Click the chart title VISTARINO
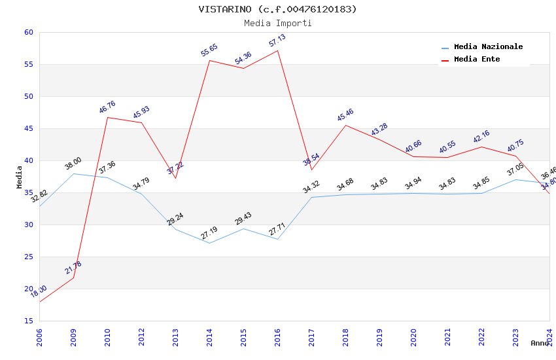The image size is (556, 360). click(278, 9)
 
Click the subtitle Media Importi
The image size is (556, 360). click(278, 23)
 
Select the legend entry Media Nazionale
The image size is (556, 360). click(488, 46)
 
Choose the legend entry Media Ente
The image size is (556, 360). click(477, 59)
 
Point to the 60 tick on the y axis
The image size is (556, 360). click(27, 32)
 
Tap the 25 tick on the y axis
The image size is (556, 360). click(27, 257)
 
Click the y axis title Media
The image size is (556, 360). click(20, 177)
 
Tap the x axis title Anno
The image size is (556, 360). click(540, 343)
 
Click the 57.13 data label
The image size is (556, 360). click(277, 41)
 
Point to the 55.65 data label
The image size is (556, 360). click(209, 50)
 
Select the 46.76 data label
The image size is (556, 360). click(107, 107)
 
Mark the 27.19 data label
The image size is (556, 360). click(209, 233)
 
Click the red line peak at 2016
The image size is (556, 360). click(277, 50)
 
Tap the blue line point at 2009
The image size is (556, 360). click(73, 173)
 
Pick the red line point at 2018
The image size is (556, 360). click(345, 125)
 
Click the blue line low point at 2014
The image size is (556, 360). click(209, 243)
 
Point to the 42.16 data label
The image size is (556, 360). click(481, 137)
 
